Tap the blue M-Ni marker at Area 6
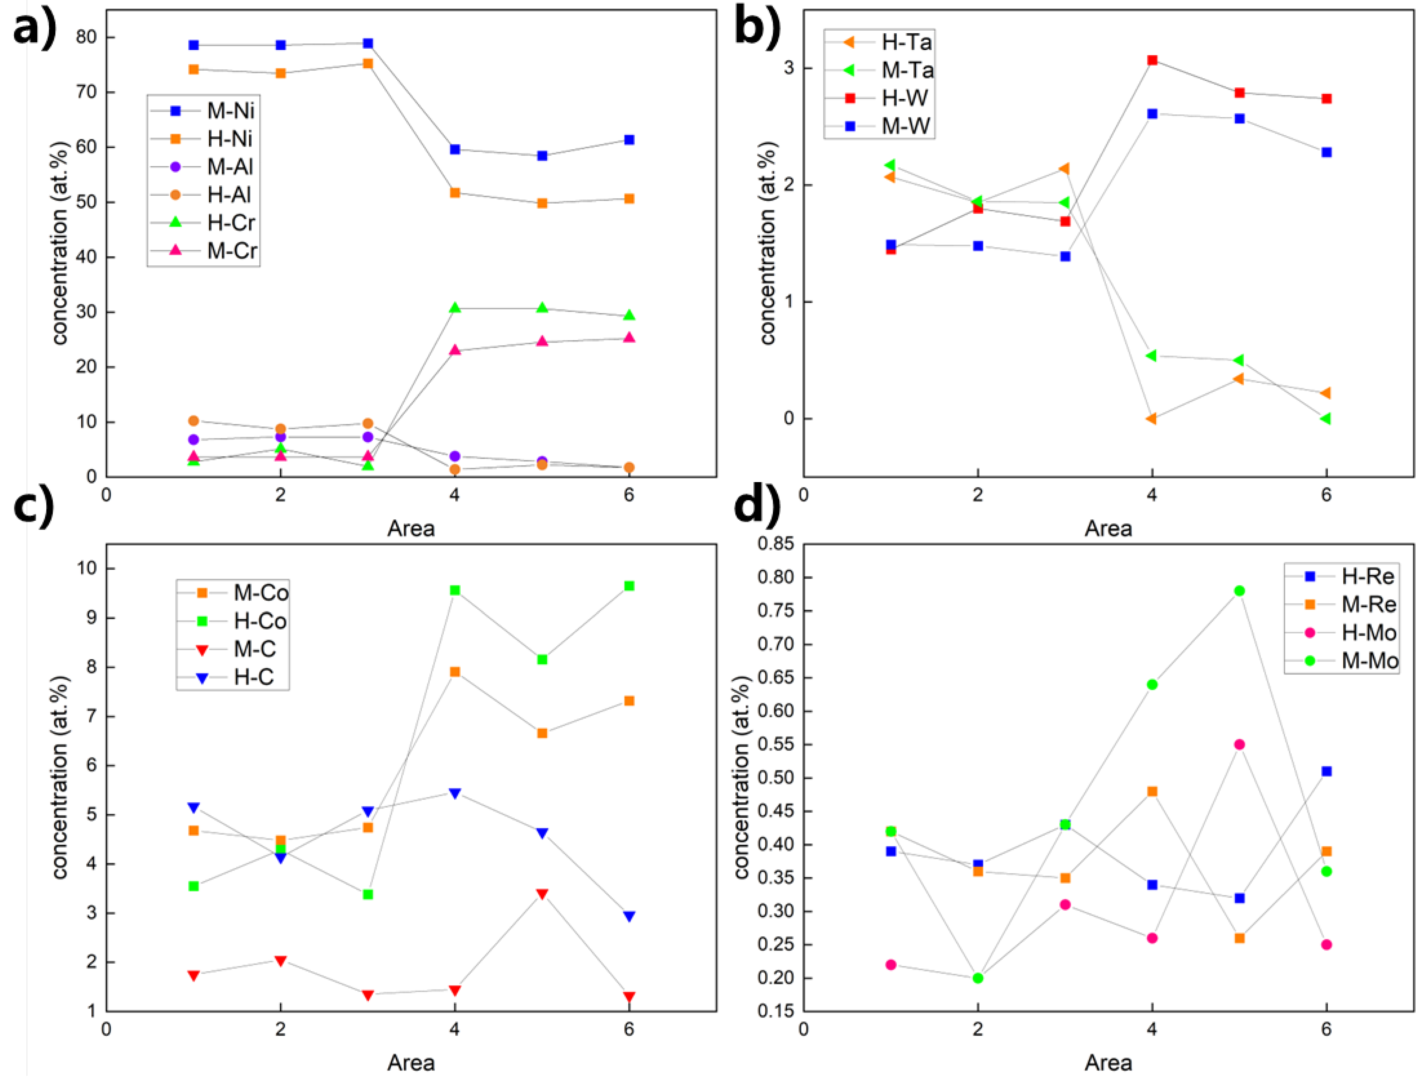[629, 140]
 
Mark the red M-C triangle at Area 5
[542, 894]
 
